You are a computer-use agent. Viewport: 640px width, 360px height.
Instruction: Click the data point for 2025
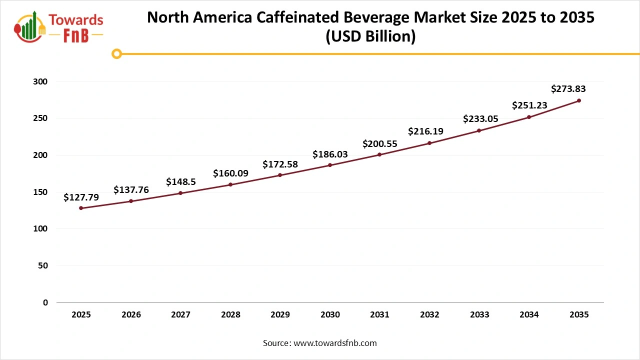81,208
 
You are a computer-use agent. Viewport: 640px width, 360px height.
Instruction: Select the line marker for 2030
330,165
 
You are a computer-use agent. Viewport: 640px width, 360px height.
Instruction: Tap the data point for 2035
579,100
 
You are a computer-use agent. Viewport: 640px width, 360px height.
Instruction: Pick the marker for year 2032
429,143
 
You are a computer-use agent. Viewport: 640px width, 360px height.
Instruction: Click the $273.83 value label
568,89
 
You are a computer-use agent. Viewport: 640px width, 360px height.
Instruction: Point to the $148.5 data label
180,181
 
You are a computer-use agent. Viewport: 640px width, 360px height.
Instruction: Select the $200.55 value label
380,144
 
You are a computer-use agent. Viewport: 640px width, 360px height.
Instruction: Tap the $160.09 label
230,173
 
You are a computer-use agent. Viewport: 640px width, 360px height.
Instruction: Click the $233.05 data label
480,119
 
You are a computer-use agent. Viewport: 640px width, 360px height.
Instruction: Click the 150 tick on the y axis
42,192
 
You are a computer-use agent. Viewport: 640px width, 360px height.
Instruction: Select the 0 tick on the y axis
45,302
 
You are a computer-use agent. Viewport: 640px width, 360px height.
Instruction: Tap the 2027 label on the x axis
180,315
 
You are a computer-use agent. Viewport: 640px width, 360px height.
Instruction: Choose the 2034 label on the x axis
529,315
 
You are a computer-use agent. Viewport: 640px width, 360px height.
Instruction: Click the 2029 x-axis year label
280,315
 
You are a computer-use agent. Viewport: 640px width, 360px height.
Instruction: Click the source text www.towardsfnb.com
334,343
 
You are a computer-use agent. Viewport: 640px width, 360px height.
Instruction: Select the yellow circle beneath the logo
116,53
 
